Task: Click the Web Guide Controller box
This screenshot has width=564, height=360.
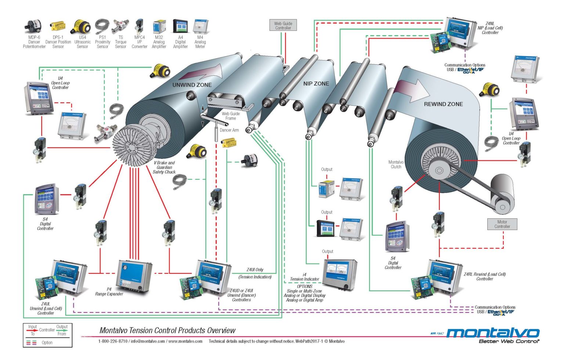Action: click(283, 26)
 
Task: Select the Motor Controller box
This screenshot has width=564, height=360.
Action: click(502, 224)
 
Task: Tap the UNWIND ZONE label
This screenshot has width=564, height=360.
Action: click(192, 85)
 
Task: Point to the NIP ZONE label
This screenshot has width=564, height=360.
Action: click(316, 84)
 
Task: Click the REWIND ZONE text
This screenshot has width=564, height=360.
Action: click(443, 104)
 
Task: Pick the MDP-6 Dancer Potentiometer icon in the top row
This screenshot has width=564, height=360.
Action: click(34, 26)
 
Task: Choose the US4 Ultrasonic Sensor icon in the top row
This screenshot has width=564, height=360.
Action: click(82, 26)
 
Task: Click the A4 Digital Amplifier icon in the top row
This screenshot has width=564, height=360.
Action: click(180, 26)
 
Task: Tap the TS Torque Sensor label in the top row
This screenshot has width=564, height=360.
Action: click(120, 42)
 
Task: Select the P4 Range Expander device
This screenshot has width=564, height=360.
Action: click(134, 275)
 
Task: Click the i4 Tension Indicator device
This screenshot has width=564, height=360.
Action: click(340, 273)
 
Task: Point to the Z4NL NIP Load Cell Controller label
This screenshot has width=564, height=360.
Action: click(490, 28)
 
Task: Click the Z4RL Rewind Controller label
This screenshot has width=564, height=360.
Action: click(485, 276)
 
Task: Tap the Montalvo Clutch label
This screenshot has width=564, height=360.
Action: click(396, 164)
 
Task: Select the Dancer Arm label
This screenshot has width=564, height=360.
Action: click(229, 130)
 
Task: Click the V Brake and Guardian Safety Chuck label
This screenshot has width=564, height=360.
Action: click(164, 167)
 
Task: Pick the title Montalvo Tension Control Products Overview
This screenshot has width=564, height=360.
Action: click(167, 330)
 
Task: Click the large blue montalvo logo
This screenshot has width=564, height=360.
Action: click(492, 333)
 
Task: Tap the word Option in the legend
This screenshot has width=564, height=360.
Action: click(47, 342)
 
